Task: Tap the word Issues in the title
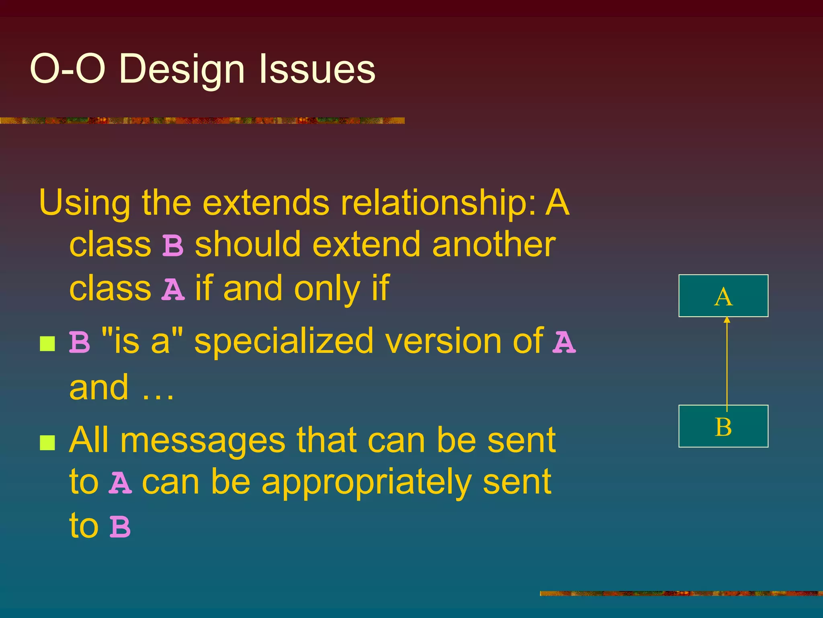tap(317, 69)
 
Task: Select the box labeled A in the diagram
tap(723, 296)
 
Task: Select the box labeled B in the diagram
tap(723, 426)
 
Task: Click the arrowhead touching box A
tap(727, 320)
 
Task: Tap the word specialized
tap(283, 342)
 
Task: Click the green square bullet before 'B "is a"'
tap(47, 344)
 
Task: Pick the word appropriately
tap(366, 483)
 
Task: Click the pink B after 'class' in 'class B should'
tap(173, 246)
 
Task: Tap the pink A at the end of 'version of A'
tap(564, 342)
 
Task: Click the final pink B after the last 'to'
tap(120, 527)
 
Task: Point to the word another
tap(494, 245)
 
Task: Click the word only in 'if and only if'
tap(327, 289)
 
